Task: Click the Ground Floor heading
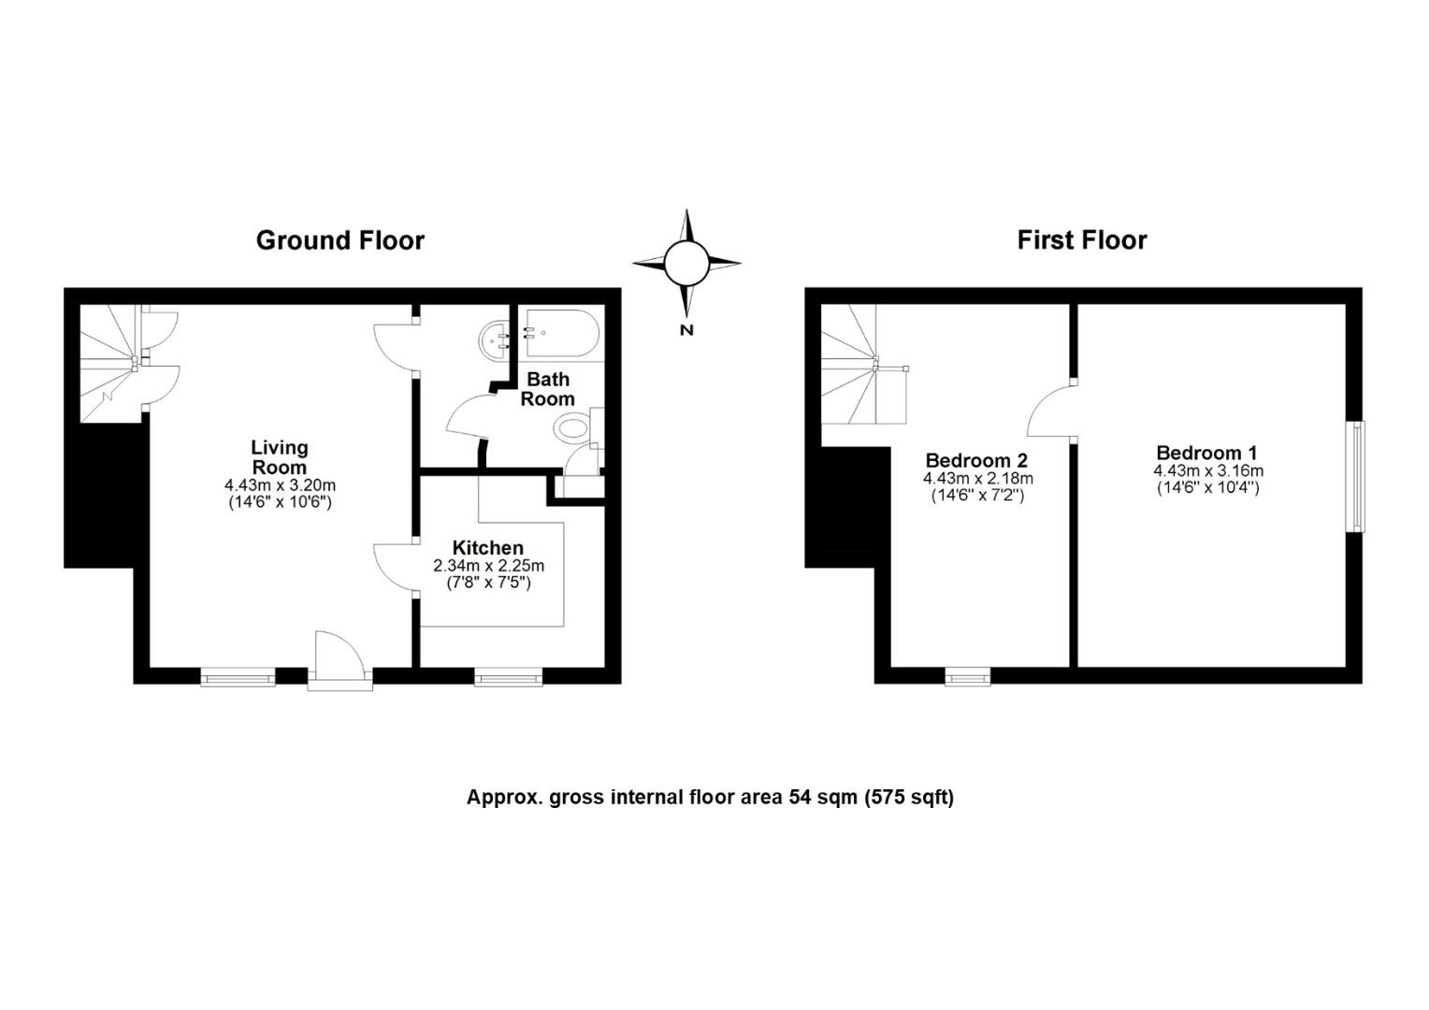tap(339, 240)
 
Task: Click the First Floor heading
tap(1082, 240)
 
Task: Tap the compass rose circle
tap(687, 263)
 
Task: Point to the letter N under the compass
tap(686, 329)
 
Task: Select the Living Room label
tap(279, 457)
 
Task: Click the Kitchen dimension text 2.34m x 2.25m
tap(488, 566)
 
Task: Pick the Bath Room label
tap(548, 389)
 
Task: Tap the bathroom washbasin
tap(493, 340)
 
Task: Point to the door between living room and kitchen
tap(395, 566)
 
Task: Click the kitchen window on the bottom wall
tap(508, 677)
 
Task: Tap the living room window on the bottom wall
tap(238, 677)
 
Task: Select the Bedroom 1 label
tap(1206, 454)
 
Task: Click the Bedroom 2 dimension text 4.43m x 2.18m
tap(977, 479)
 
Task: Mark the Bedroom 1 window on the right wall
tap(1355, 477)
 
